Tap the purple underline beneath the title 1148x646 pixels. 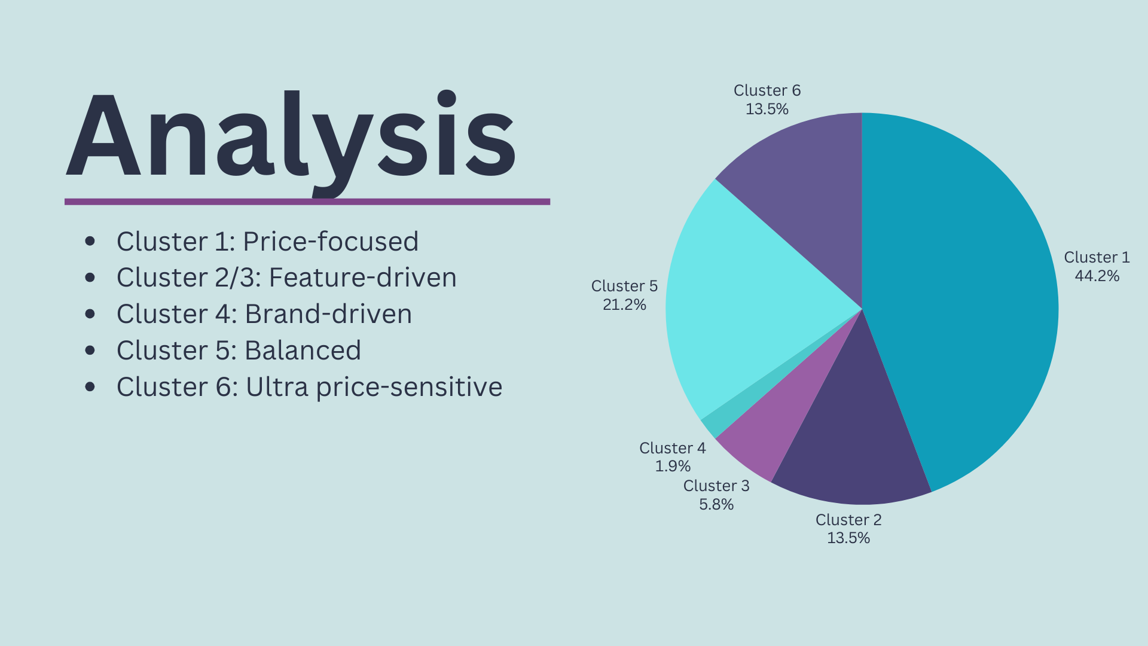pos(307,202)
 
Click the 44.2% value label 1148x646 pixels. pos(1097,276)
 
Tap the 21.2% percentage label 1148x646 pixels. pos(624,304)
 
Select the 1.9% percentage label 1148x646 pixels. pos(673,466)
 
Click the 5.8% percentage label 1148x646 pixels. pos(716,504)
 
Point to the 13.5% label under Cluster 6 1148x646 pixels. pos(767,109)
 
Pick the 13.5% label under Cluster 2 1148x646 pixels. pos(848,538)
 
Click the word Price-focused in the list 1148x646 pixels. pos(330,242)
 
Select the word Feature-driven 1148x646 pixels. pos(362,278)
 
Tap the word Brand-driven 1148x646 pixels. pos(328,314)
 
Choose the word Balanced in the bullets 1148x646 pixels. pos(303,351)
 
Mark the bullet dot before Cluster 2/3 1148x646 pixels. pos(90,278)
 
